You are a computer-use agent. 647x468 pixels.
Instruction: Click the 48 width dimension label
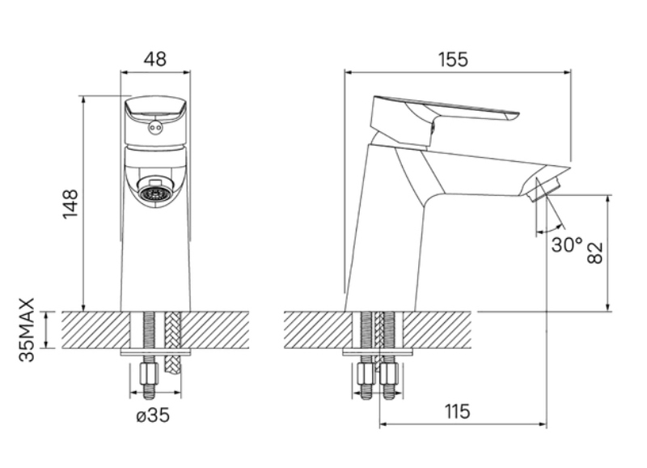(155, 59)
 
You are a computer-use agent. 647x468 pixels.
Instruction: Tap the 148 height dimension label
(70, 204)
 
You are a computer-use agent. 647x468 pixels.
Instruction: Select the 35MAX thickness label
(27, 330)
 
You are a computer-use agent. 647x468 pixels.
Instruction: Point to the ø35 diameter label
(153, 415)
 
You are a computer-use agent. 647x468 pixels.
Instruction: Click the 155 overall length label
(453, 59)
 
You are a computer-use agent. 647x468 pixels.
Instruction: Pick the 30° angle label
(567, 245)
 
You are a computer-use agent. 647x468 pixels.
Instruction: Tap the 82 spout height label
(595, 253)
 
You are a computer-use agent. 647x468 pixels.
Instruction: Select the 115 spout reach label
(457, 411)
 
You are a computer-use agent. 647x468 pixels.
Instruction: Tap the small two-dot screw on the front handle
(155, 127)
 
